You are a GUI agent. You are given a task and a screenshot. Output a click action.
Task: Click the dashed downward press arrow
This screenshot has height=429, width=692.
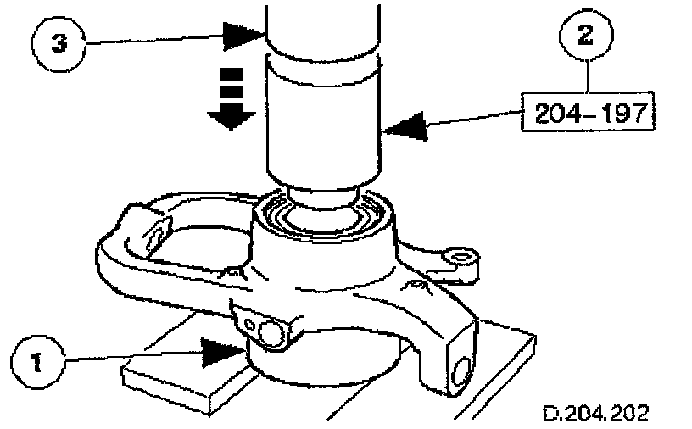(x=232, y=99)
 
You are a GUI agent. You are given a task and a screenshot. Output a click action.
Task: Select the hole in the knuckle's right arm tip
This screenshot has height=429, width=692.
(x=460, y=255)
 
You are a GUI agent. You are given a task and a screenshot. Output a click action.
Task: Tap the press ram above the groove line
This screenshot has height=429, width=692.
(x=321, y=25)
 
